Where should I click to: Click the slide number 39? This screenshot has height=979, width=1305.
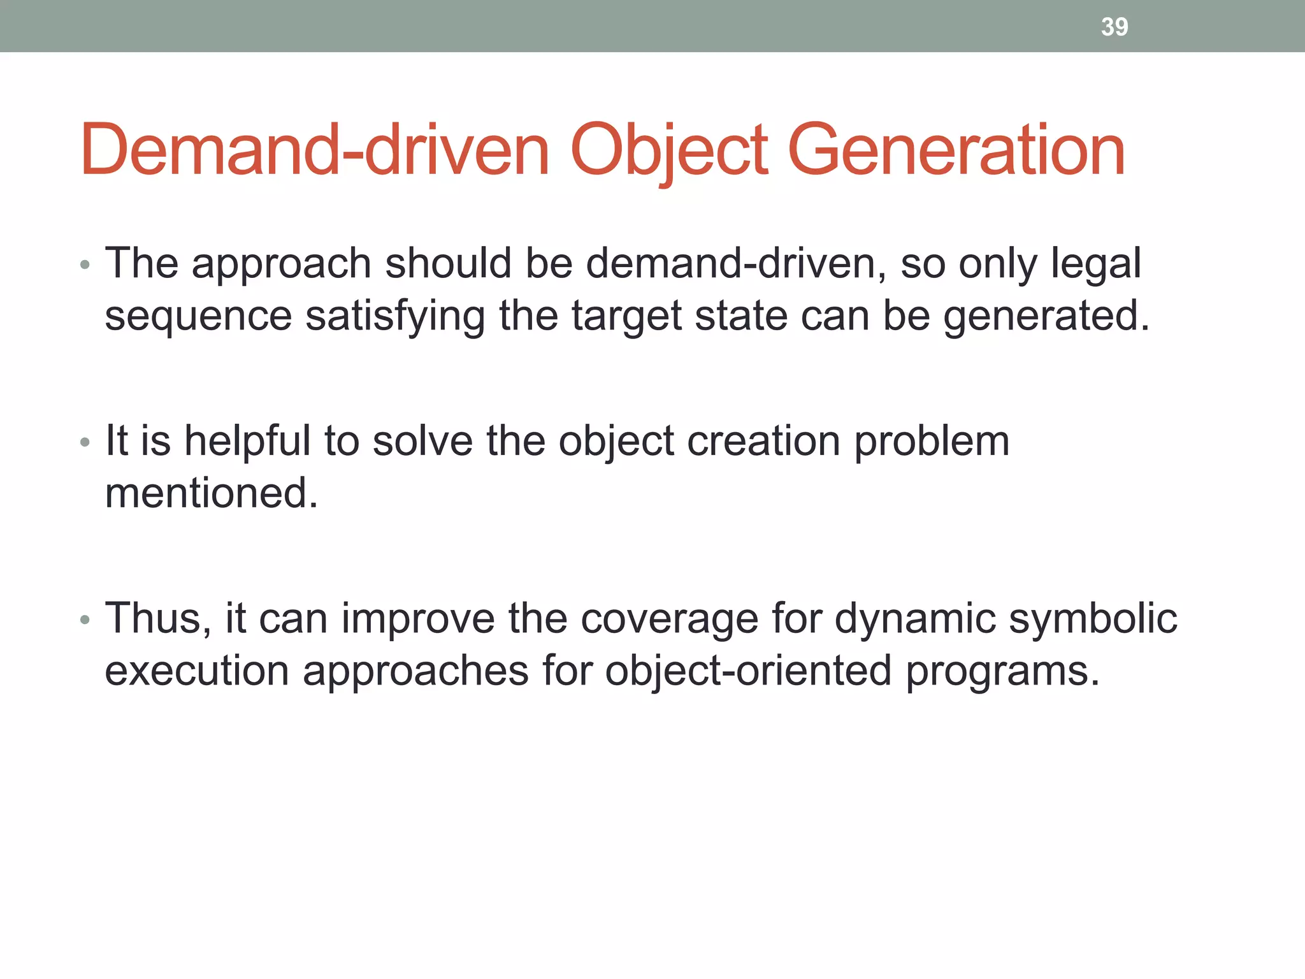(1114, 27)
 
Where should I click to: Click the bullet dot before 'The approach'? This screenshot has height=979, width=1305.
(85, 265)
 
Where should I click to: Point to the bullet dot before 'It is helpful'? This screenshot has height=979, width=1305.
(85, 442)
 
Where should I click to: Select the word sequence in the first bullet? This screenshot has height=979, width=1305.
(198, 317)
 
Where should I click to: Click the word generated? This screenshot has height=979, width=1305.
(1046, 317)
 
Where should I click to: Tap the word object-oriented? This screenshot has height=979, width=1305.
(747, 671)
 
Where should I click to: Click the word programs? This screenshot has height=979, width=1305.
(1002, 672)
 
